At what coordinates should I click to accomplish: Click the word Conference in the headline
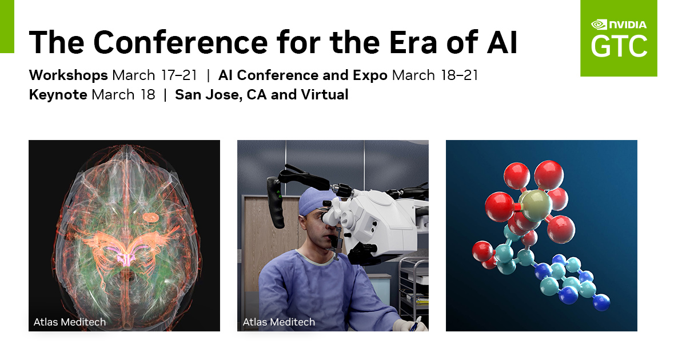tap(181, 42)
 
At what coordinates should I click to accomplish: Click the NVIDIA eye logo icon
tap(599, 25)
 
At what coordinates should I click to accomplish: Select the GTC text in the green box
tap(619, 46)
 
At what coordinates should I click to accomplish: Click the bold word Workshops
tap(68, 75)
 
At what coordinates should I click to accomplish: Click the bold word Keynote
tap(58, 95)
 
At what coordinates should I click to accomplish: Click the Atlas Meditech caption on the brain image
tap(70, 322)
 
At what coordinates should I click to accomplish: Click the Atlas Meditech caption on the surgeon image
tap(279, 322)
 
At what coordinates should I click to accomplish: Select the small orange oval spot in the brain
tap(151, 218)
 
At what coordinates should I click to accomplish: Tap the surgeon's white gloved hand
tap(411, 325)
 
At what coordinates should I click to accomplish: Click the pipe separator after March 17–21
tap(208, 75)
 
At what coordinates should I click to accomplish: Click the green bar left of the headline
tap(7, 27)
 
